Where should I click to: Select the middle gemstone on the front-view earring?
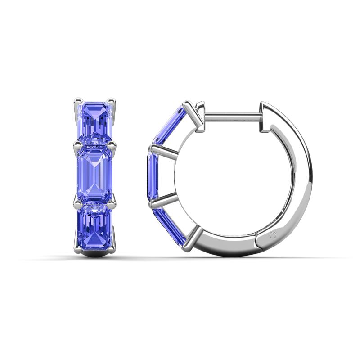[95, 173]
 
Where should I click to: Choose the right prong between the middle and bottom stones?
[112, 201]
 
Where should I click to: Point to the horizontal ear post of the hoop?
[232, 117]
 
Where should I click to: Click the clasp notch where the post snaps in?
[261, 120]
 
